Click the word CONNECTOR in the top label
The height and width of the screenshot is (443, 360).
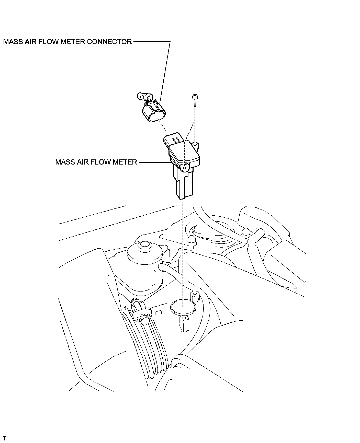click(x=109, y=42)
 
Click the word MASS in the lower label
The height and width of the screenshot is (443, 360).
click(x=65, y=162)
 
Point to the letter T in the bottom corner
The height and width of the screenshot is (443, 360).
click(x=5, y=439)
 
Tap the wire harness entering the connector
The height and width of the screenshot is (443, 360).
click(x=143, y=97)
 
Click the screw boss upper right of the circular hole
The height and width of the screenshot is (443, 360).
click(x=195, y=297)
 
